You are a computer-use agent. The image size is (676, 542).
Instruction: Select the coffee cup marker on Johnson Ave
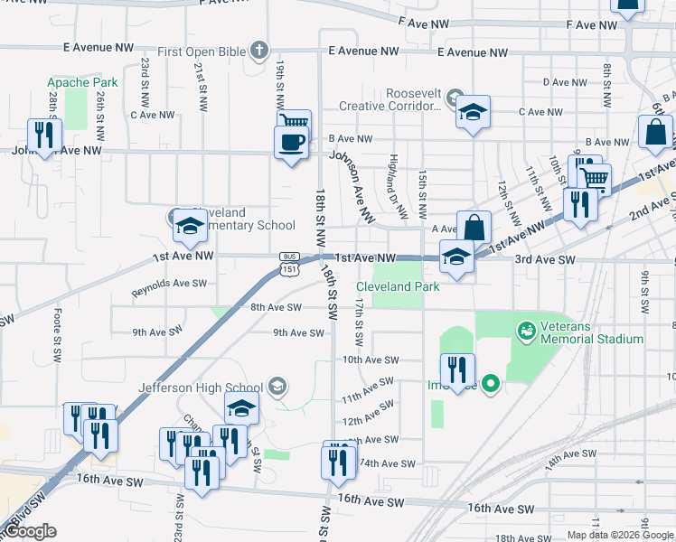pyautogui.click(x=291, y=143)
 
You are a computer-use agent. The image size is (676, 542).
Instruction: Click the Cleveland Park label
pyautogui.click(x=403, y=286)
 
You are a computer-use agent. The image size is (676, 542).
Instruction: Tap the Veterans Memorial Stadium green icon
pyautogui.click(x=525, y=332)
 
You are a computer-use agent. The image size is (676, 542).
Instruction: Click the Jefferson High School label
pyautogui.click(x=201, y=388)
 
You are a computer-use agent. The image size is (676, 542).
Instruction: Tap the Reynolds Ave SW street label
pyautogui.click(x=169, y=288)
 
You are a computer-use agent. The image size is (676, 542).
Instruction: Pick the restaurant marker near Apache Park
pyautogui.click(x=43, y=135)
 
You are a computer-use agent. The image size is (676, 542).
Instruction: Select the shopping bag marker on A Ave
pyautogui.click(x=474, y=228)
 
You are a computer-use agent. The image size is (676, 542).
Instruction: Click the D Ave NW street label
pyautogui.click(x=567, y=82)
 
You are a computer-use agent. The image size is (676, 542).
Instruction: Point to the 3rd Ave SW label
pyautogui.click(x=545, y=259)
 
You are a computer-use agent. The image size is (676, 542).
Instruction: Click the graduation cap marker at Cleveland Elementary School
pyautogui.click(x=190, y=226)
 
